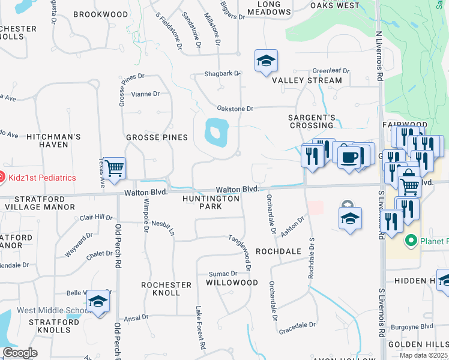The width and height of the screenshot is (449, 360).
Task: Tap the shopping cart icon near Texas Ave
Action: tap(113, 168)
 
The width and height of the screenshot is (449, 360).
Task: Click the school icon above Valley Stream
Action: tap(265, 61)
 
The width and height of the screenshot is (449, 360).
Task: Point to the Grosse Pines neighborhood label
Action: tap(157, 137)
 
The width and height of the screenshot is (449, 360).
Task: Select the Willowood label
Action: tap(232, 282)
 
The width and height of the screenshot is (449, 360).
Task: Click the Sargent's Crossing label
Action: tap(310, 121)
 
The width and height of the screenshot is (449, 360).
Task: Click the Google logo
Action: tap(20, 353)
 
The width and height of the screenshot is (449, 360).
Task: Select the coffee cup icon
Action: tap(349, 158)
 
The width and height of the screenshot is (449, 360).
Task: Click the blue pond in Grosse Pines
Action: tap(217, 132)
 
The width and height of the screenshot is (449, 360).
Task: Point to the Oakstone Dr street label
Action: tap(235, 109)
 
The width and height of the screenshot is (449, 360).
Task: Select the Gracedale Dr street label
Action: tap(297, 325)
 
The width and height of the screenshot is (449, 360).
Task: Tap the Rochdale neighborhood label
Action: tap(278, 251)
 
